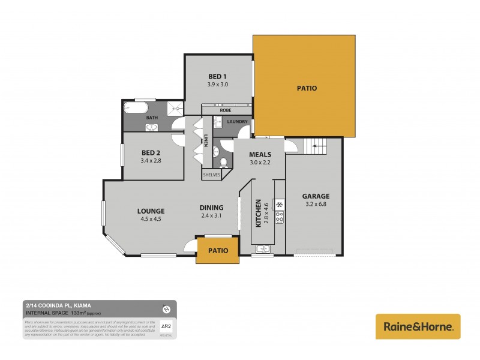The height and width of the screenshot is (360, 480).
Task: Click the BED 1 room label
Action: [x=217, y=76]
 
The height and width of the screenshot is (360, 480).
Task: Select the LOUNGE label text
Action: [x=151, y=211]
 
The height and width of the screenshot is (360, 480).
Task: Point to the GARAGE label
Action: [x=316, y=196]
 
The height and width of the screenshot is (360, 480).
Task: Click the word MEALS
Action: [x=260, y=154]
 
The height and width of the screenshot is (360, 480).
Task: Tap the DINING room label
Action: [x=211, y=208]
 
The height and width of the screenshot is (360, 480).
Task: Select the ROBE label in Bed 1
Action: [x=226, y=110]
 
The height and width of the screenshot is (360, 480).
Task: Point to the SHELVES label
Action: [x=211, y=174]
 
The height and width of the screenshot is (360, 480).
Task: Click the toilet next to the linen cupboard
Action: [x=223, y=161]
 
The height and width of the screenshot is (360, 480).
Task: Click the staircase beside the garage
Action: [x=316, y=145]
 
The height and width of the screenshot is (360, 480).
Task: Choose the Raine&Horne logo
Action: [x=418, y=326]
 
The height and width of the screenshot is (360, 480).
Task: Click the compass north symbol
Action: [x=166, y=309]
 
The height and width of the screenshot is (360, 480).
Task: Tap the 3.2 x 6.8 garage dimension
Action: [x=316, y=205]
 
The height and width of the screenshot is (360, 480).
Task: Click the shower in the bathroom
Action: [x=173, y=108]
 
